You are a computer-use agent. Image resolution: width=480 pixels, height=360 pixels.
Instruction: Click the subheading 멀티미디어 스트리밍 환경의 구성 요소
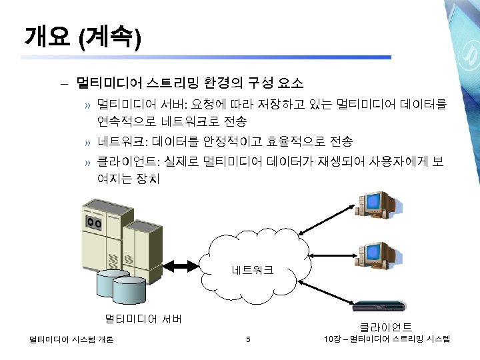coord(189,83)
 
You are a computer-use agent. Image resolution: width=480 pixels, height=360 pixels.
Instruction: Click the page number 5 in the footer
coord(247,340)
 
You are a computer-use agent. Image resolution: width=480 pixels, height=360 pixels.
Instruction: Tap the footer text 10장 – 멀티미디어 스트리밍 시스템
coord(387,340)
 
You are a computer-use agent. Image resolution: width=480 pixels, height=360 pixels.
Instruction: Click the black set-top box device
coord(378,307)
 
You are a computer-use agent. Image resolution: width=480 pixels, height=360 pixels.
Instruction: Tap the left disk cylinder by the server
coord(109,283)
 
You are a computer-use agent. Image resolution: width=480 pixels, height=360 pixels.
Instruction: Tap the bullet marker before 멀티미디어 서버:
coord(87,105)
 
